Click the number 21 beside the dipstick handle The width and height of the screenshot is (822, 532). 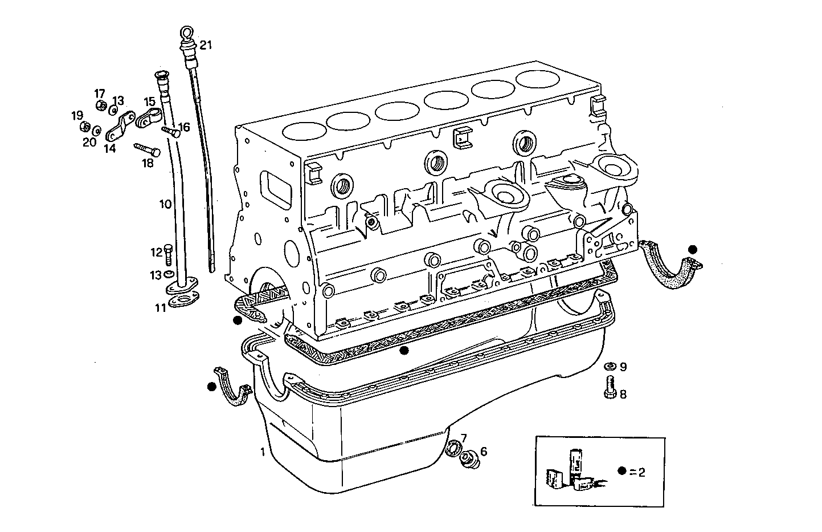(206, 45)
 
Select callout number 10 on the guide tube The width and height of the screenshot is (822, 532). (165, 204)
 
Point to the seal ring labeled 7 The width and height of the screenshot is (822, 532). (453, 449)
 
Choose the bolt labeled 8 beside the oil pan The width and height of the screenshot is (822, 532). (608, 388)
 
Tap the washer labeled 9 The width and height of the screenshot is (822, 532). (608, 366)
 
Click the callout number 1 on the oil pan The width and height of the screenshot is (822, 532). (263, 452)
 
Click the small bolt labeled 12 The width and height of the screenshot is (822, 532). (169, 255)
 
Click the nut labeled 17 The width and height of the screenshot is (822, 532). (100, 105)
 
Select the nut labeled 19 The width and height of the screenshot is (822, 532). (83, 125)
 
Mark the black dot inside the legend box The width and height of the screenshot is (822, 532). (623, 471)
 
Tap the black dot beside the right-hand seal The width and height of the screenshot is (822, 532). (692, 249)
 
